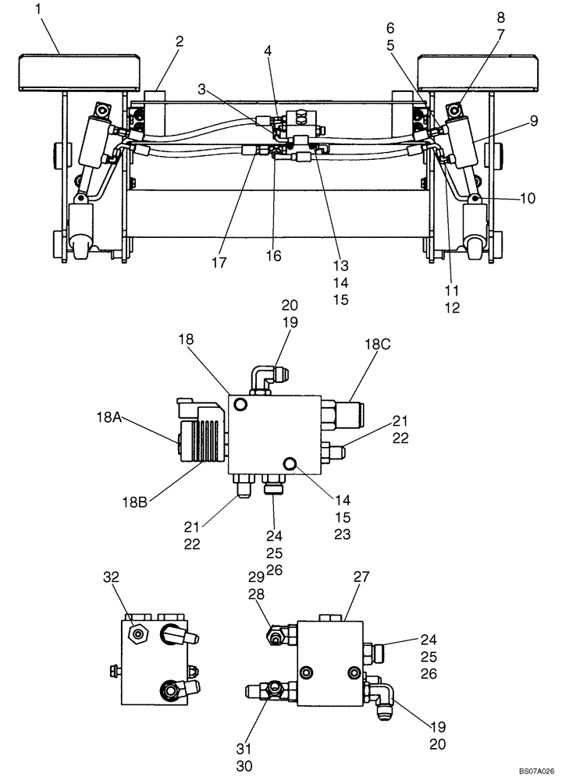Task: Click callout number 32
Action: [x=112, y=577]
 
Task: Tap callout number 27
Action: [x=361, y=577]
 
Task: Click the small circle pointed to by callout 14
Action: [x=292, y=464]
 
